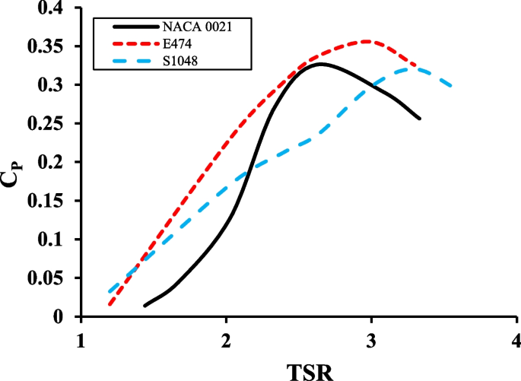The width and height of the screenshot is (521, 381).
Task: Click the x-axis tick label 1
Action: [81, 338]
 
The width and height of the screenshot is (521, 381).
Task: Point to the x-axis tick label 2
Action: [226, 338]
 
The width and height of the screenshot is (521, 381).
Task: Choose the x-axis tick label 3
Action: [371, 338]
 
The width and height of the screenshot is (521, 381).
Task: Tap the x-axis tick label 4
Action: [516, 338]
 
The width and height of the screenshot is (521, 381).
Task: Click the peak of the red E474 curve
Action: [367, 41]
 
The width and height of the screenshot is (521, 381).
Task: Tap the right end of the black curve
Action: [420, 119]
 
